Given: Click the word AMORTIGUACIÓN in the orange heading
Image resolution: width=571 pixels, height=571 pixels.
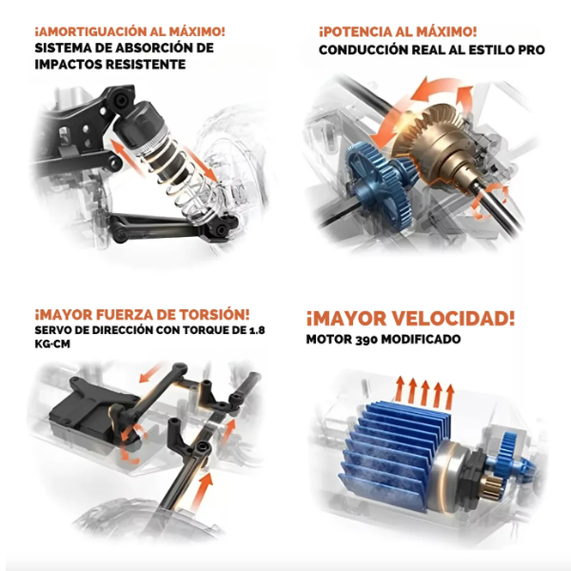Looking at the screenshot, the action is [90, 31].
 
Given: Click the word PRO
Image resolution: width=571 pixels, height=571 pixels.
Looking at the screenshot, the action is [531, 49].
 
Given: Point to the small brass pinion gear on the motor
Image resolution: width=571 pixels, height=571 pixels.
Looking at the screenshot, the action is [492, 487].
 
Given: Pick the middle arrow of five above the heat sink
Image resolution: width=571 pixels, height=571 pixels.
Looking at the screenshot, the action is [425, 393].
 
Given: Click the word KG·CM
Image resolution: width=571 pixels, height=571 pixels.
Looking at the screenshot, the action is [52, 345].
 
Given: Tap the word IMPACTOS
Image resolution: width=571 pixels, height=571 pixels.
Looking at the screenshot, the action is [68, 65].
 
